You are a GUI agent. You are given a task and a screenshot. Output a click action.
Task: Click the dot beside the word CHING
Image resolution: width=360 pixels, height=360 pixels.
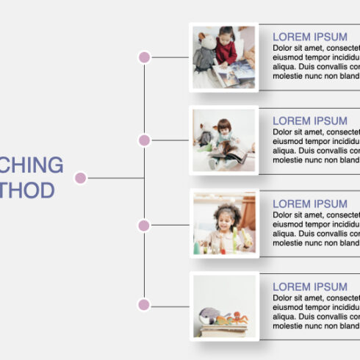[81, 178]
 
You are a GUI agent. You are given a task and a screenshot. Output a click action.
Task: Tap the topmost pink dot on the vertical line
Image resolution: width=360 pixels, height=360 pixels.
[144, 57]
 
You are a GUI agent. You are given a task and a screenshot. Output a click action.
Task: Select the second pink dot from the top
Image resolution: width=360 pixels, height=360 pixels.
[144, 140]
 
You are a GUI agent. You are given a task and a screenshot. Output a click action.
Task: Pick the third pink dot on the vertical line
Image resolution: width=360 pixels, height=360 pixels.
[144, 225]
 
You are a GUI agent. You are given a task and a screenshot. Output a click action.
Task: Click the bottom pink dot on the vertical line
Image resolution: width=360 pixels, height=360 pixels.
[144, 304]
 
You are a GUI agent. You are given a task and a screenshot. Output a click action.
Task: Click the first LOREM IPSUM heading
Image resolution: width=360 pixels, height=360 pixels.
[310, 37]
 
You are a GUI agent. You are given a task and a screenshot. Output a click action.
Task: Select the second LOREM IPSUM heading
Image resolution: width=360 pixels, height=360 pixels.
[310, 120]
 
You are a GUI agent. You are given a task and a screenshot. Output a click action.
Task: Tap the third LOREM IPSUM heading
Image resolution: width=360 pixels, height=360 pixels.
[310, 204]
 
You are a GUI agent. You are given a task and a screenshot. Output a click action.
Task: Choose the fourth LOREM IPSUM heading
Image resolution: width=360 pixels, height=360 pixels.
[310, 287]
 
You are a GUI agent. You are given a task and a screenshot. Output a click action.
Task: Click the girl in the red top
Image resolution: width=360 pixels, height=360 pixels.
[227, 48]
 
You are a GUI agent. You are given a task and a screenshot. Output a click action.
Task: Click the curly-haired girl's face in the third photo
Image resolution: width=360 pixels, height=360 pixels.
[226, 219]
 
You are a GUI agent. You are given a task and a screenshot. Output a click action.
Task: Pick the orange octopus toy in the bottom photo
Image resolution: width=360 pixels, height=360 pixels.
[237, 318]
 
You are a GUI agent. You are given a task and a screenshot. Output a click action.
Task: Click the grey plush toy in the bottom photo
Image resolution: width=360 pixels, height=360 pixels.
[210, 317]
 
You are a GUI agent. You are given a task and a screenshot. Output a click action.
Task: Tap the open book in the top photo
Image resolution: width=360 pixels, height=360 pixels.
[235, 74]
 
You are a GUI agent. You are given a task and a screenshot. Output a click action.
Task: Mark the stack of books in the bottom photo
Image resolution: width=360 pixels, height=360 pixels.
[223, 329]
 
